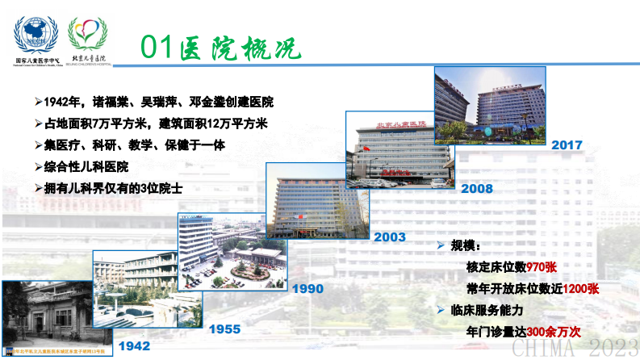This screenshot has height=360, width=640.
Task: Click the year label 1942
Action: (x=134, y=346)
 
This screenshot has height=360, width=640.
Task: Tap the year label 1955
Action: (x=225, y=329)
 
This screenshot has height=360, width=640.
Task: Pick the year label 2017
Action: (x=567, y=145)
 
